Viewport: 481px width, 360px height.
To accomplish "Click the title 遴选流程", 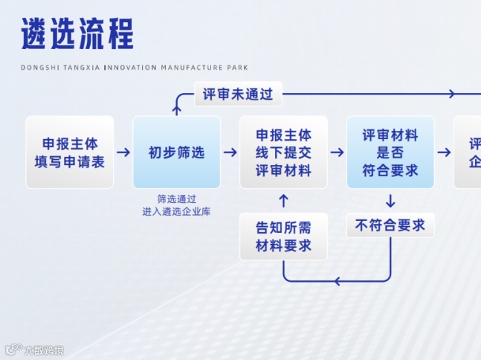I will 77,35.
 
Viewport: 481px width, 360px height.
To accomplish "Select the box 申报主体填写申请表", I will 70,152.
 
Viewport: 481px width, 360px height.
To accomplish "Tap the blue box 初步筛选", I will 177,152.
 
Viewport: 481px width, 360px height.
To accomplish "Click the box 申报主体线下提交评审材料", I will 283,152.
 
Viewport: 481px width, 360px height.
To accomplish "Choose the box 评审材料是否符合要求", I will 390,152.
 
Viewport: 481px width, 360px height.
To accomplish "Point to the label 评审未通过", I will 238,94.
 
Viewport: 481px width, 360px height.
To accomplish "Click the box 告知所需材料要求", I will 283,237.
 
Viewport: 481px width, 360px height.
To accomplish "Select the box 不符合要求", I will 390,225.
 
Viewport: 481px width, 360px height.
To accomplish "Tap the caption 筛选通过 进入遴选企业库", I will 177,205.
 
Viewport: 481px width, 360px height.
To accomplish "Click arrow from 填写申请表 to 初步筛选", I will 123,152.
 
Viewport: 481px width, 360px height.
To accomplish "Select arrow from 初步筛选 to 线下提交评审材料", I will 230,152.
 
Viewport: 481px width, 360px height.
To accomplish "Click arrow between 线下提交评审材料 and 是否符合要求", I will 337,152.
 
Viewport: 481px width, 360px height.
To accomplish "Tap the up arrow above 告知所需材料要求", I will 283,200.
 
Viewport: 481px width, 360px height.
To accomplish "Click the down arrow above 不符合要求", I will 390,200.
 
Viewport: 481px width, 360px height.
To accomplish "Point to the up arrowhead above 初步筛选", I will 177,109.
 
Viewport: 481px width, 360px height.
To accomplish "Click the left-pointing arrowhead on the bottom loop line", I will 337,281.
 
